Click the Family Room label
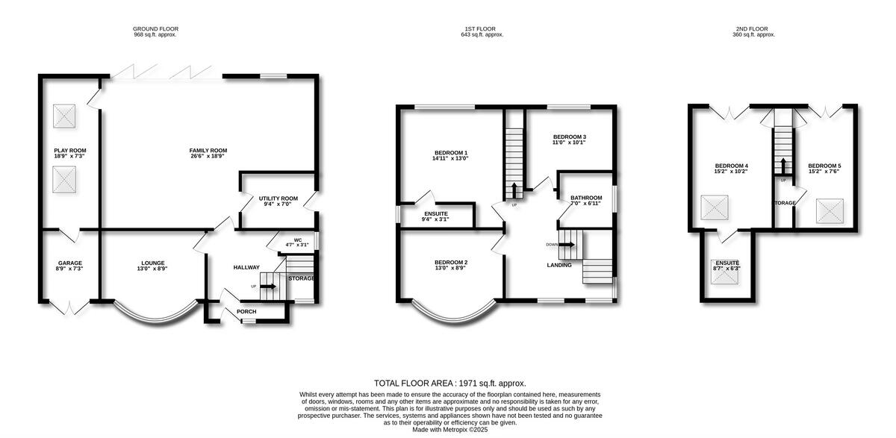point(208,150)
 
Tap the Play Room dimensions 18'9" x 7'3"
point(70,157)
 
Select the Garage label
point(70,263)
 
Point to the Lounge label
point(152,263)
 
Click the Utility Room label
point(278,198)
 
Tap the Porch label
point(246,311)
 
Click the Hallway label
point(246,267)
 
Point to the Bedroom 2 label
point(451,262)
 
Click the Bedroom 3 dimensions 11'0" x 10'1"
point(569,143)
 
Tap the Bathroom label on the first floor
point(586,198)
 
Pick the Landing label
point(559,265)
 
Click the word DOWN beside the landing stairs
point(552,244)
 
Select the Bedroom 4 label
point(731,166)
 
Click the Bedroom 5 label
point(824,166)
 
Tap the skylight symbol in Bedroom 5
point(830,210)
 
